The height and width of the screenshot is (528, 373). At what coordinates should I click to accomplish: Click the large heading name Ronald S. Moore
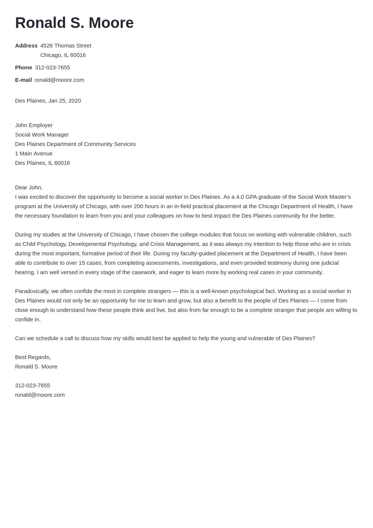pos(74,23)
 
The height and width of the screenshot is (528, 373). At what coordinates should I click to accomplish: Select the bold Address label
pos(26,46)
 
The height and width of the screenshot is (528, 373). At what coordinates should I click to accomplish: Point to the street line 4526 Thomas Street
pos(66,46)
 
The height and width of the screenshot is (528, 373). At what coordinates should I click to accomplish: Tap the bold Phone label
pos(23,68)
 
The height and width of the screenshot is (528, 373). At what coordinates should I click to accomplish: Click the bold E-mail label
pos(23,80)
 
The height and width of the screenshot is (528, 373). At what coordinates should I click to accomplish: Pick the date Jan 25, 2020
pos(64,101)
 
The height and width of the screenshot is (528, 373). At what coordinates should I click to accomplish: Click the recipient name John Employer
pos(34,125)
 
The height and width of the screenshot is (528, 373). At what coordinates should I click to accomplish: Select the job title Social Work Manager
pos(42,135)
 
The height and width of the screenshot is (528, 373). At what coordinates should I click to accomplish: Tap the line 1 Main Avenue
pos(34,153)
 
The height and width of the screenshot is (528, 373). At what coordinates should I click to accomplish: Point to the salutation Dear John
pos(29,187)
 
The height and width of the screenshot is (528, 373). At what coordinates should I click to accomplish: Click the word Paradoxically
pos(32,291)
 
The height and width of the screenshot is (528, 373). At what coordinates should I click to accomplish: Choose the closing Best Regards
pos(33,357)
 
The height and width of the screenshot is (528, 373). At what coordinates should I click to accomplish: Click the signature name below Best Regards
pos(36,367)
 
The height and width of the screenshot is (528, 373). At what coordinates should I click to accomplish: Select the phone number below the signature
pos(32,385)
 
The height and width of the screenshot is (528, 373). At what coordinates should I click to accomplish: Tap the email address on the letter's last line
pos(40,395)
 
